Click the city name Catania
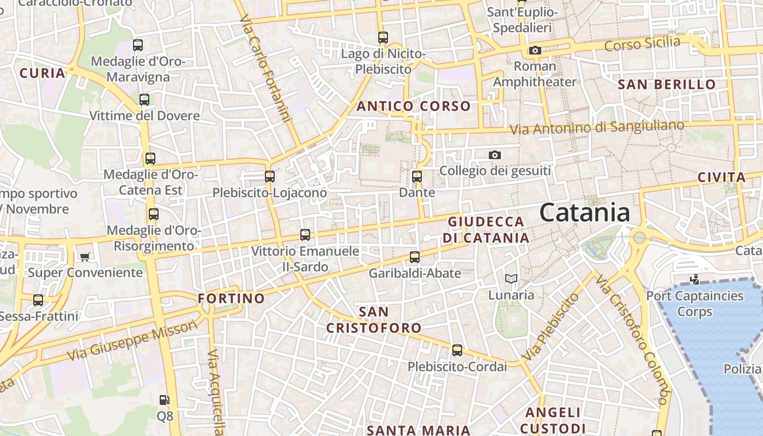(584, 213)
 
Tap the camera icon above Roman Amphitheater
(535, 51)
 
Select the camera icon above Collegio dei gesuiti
(495, 155)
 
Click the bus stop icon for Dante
(417, 177)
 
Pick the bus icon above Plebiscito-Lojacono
(270, 177)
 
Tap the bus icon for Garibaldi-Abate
(415, 257)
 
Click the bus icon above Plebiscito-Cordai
(457, 350)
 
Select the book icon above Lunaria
(511, 279)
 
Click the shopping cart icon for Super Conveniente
(84, 257)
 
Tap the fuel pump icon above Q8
(164, 401)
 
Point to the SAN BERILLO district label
(667, 84)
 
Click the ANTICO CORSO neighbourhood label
(414, 106)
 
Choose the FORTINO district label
(231, 299)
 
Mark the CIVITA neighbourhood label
(722, 177)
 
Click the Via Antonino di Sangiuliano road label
(597, 128)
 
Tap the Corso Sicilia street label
(642, 44)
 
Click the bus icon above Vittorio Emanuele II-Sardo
(305, 235)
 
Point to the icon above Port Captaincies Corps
(694, 280)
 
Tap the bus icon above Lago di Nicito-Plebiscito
(383, 38)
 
